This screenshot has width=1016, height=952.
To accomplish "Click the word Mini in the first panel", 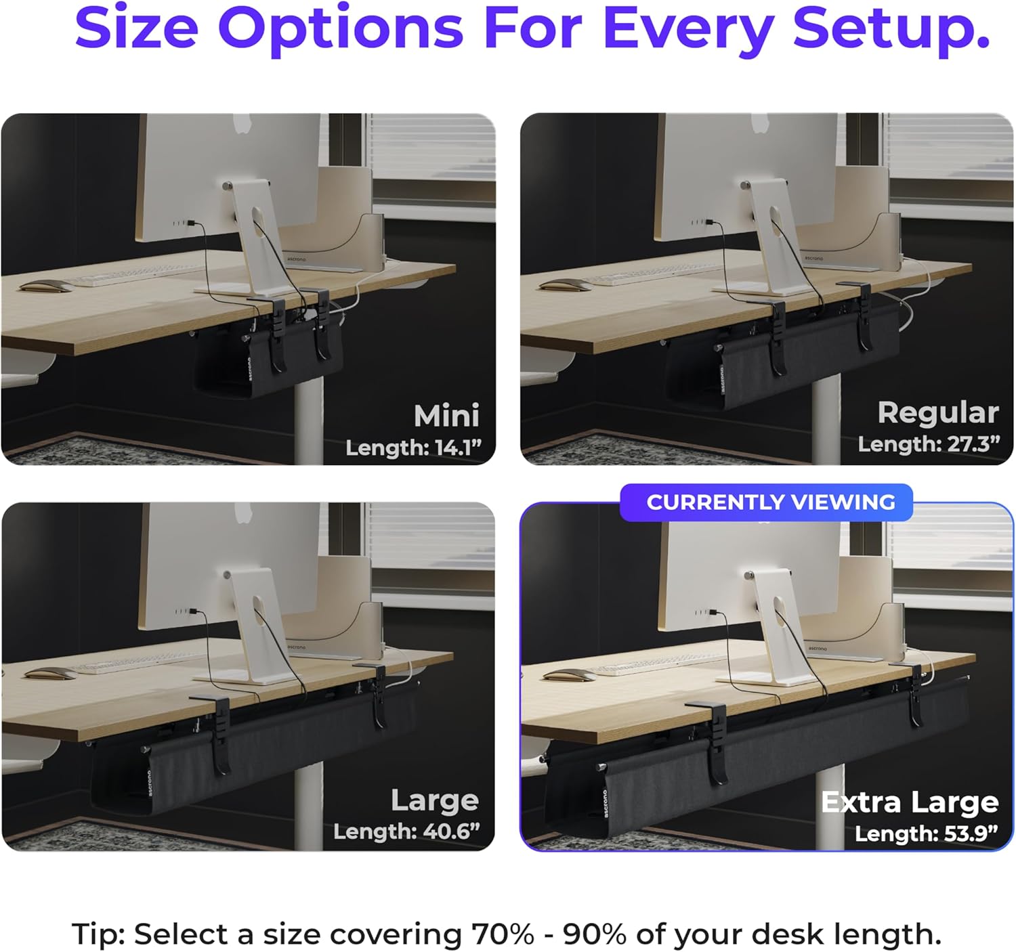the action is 446,415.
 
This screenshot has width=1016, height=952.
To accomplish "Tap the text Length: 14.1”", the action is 413,448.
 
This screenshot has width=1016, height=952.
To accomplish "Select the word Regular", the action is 938,412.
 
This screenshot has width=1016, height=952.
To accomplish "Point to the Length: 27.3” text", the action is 929,444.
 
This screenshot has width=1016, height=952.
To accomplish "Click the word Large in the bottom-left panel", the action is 435,800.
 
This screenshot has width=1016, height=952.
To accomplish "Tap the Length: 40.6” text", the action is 406,831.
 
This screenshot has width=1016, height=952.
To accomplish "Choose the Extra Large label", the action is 910,802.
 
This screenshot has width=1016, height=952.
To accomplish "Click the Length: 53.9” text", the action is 927,834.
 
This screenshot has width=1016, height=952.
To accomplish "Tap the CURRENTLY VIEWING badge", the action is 766,502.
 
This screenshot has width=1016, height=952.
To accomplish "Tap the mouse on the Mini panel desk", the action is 46,286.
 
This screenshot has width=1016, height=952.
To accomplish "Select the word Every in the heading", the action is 688,30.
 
